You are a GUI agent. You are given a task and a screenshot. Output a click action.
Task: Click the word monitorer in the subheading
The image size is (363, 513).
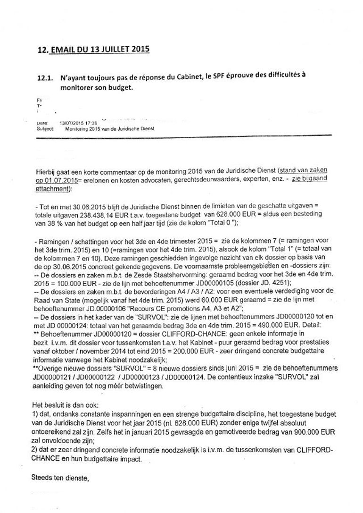pyautogui.click(x=77, y=88)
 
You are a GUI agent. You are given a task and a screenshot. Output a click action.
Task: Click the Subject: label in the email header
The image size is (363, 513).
pyautogui.click(x=46, y=128)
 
